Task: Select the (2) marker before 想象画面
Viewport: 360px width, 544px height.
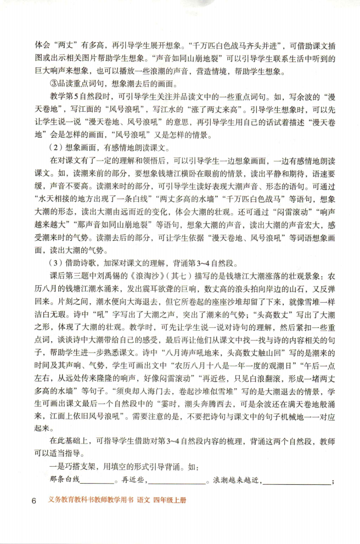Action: pyautogui.click(x=54, y=148)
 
